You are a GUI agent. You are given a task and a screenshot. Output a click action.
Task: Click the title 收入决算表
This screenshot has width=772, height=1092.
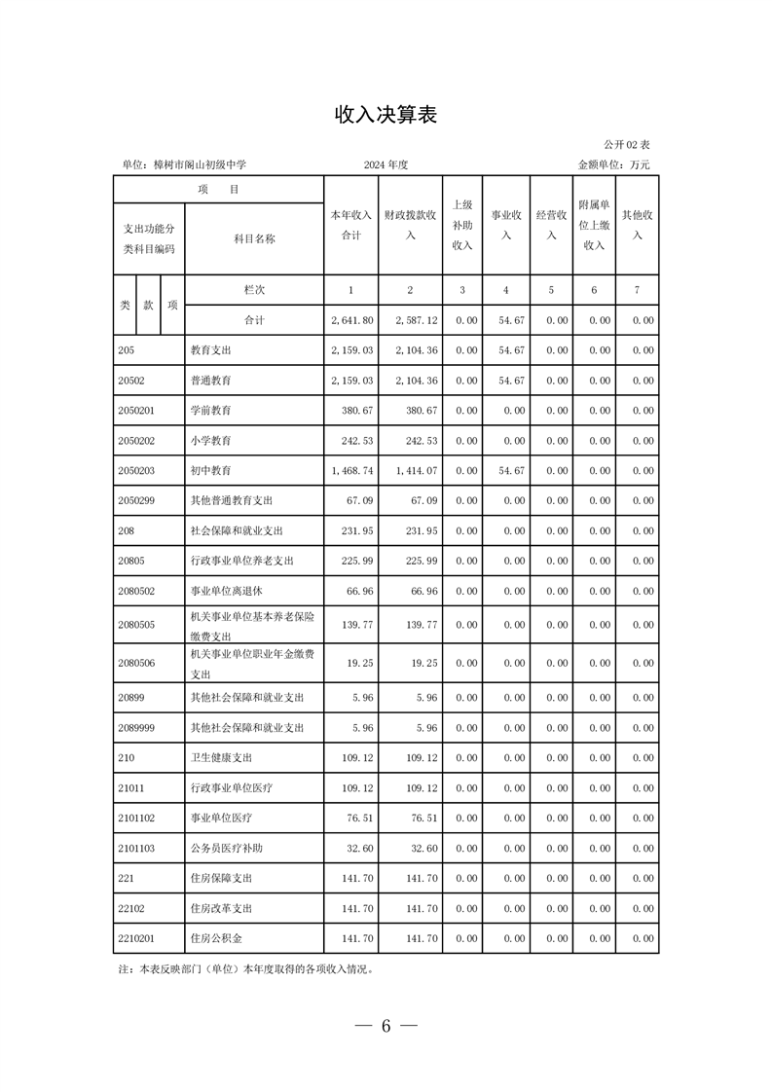pyautogui.click(x=386, y=115)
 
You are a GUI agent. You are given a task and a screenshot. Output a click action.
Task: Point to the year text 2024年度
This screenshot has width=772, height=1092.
pyautogui.click(x=386, y=165)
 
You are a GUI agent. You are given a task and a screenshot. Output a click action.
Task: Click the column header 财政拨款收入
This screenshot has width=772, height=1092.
pyautogui.click(x=410, y=225)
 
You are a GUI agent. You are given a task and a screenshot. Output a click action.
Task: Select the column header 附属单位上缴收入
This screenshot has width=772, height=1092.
pyautogui.click(x=594, y=225)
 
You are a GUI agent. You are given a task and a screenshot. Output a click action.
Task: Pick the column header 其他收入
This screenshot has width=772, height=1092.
pyautogui.click(x=638, y=225)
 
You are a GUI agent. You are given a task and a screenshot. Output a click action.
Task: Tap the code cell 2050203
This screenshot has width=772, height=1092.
pyautogui.click(x=135, y=471)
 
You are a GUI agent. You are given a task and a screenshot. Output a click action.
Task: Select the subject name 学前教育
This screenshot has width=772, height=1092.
pyautogui.click(x=211, y=411)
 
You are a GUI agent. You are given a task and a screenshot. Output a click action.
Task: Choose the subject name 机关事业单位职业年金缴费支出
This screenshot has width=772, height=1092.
pyautogui.click(x=253, y=663)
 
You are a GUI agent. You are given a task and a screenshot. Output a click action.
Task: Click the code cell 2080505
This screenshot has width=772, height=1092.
pyautogui.click(x=135, y=625)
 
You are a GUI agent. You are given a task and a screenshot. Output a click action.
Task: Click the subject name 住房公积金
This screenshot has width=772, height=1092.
pyautogui.click(x=216, y=938)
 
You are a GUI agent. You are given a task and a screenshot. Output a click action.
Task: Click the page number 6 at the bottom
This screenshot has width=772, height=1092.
pyautogui.click(x=386, y=1027)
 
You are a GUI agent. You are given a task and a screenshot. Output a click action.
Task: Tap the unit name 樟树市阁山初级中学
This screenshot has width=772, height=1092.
pyautogui.click(x=200, y=165)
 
